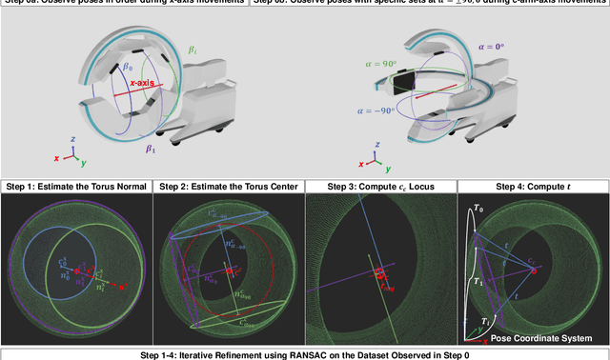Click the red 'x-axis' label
146,84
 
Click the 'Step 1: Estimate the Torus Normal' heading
76,185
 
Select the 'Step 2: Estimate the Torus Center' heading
229,185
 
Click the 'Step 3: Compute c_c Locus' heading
381,185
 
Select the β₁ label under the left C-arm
151,150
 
